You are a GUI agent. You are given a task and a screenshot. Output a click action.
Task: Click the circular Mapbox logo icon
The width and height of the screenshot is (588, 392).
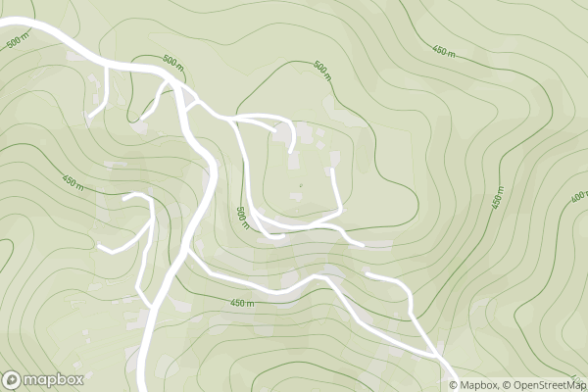pos(13,379)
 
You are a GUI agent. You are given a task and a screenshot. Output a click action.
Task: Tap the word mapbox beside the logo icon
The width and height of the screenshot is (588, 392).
pos(54,379)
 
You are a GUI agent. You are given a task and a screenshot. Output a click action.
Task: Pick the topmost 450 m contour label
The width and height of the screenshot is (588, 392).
pos(444,51)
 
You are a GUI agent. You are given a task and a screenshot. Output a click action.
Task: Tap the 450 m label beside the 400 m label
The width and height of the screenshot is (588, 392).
pos(497,197)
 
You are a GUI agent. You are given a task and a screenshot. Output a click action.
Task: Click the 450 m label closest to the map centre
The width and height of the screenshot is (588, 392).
pos(242,303)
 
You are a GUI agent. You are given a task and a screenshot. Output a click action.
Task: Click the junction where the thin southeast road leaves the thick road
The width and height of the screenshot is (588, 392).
pos(189,259)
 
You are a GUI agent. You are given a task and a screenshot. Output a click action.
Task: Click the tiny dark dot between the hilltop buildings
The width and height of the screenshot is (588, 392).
pos(301,184)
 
